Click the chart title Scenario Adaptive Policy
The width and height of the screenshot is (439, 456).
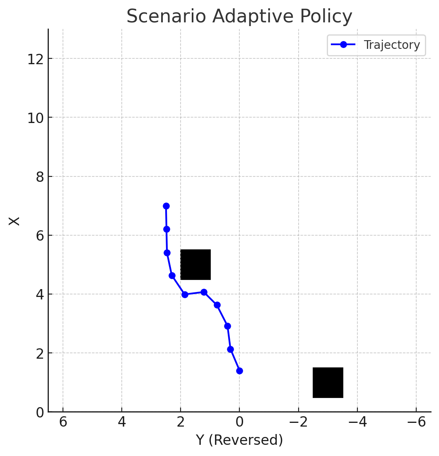pos(239,17)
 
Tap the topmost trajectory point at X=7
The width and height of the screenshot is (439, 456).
pos(166,206)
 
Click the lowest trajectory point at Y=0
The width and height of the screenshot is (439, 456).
pos(239,371)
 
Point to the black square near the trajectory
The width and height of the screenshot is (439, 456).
pos(195,264)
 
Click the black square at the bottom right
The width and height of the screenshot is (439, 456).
pos(328,382)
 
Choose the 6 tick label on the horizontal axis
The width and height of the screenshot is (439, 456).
pos(63,422)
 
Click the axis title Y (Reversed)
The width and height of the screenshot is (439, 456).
pos(239,440)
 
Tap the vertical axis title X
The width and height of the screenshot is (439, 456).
pos(14,220)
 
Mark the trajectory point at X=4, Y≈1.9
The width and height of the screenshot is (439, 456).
pos(185,294)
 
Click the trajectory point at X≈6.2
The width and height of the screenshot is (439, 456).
pos(166,229)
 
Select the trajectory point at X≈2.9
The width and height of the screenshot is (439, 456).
pos(227,326)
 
